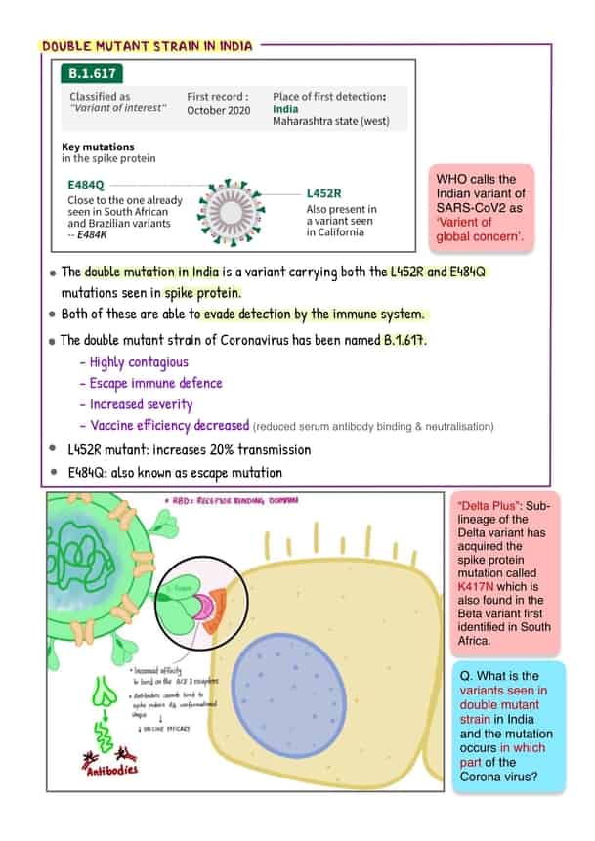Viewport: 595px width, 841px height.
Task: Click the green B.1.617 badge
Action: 92,73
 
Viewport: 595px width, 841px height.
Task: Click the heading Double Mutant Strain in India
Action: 147,46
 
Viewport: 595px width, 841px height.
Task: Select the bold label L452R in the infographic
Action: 324,193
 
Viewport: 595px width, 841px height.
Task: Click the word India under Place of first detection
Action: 285,108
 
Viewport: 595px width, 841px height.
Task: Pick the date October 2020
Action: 218,110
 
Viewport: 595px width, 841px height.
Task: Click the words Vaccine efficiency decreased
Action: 169,425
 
